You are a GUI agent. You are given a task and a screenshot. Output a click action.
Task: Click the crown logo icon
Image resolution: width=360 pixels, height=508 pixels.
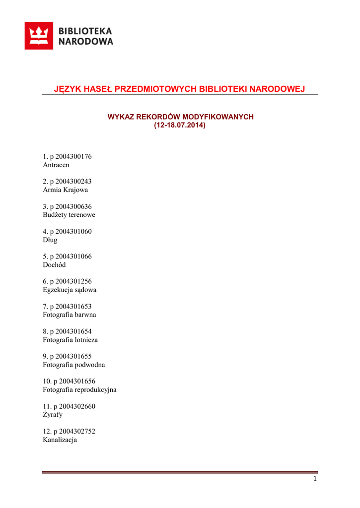39,36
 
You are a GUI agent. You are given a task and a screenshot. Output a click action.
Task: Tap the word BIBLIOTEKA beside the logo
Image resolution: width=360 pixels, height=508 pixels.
85,31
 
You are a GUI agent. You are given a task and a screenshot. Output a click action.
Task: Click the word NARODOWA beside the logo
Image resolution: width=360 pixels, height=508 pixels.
86,42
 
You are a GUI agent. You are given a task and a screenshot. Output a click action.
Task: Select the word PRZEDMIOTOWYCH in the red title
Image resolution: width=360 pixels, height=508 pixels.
155,89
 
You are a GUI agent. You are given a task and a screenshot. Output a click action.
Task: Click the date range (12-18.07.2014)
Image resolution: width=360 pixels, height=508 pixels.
180,125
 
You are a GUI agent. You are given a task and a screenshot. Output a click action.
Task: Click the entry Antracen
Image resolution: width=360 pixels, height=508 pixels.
56,165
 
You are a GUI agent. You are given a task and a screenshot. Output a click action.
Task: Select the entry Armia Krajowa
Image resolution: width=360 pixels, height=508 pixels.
66,190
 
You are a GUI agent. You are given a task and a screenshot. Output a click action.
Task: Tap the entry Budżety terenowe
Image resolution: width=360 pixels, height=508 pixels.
69,215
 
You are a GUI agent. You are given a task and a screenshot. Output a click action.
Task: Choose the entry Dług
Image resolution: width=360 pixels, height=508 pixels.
50,240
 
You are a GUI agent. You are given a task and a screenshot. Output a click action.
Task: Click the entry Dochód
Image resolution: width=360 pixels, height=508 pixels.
54,265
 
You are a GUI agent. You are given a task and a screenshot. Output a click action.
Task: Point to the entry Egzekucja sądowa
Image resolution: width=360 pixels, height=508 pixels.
70,290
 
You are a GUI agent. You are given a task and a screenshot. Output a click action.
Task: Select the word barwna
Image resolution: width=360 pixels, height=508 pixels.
85,315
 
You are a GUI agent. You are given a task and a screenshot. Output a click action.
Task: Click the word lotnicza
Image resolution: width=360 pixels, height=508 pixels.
86,340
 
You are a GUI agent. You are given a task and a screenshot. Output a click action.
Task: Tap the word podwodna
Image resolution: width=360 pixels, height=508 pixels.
89,365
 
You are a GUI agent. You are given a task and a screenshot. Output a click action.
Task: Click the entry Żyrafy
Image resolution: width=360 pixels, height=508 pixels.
53,415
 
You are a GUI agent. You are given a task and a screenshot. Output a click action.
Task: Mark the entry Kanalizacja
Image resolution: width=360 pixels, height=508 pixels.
60,440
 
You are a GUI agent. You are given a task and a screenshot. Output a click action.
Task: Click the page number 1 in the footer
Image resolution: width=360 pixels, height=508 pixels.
315,479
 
